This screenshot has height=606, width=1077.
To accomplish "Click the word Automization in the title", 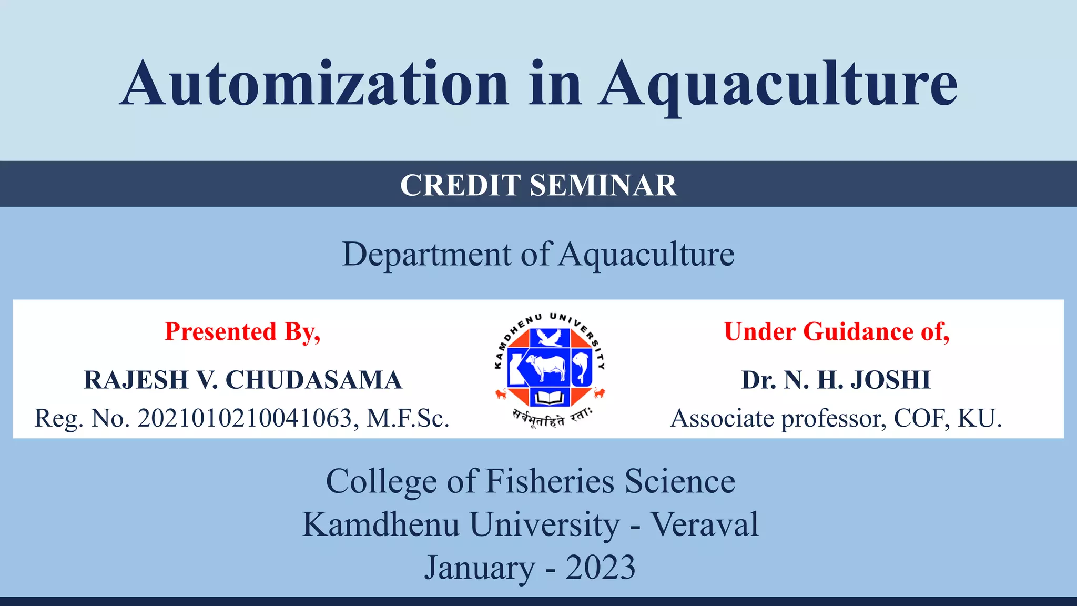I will [314, 84].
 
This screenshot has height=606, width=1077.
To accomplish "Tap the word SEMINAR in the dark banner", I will [603, 185].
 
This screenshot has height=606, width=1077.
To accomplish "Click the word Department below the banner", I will [426, 255].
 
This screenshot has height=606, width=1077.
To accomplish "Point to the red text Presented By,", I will [242, 331].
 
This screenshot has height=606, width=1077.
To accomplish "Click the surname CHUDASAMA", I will [314, 380].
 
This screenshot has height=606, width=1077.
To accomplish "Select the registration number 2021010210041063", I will [245, 419].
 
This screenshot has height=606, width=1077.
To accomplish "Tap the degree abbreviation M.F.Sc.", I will [408, 419].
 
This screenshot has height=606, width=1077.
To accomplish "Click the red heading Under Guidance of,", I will [837, 331].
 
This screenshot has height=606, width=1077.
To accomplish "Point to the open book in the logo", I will [550, 398].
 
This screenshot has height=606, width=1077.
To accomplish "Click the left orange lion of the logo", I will [501, 393].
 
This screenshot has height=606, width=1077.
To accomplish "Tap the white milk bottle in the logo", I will [514, 367].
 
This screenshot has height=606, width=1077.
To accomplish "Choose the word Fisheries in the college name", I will [550, 481].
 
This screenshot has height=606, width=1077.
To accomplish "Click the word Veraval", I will [705, 524].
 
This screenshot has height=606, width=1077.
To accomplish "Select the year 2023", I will [600, 568].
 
